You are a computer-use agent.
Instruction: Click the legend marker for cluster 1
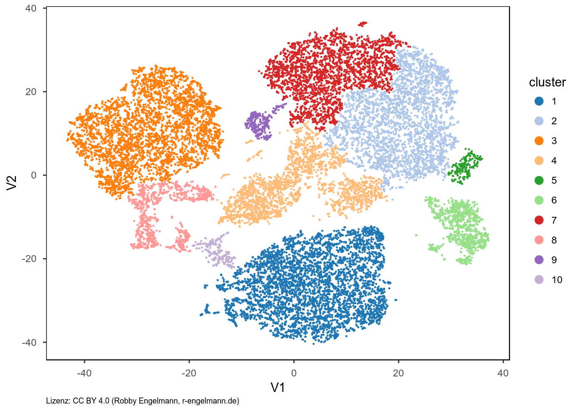click(539, 102)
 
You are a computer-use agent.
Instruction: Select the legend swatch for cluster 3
click(539, 141)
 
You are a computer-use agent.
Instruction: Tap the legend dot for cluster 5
click(539, 181)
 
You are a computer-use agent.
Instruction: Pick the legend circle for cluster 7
click(539, 220)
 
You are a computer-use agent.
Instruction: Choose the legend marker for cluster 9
click(539, 260)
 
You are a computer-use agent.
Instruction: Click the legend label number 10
click(557, 280)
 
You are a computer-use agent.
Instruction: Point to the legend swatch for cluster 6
click(539, 200)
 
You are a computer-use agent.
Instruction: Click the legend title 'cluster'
click(547, 82)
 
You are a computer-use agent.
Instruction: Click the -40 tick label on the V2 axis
click(29, 342)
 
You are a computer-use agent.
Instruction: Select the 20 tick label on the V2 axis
click(31, 92)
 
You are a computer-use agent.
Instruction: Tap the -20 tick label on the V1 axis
click(189, 373)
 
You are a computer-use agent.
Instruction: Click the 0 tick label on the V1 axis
click(294, 373)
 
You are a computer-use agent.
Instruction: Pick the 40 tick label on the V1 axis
click(503, 373)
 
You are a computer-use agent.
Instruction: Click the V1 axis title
click(278, 388)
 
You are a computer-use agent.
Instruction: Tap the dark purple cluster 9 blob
click(258, 124)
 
